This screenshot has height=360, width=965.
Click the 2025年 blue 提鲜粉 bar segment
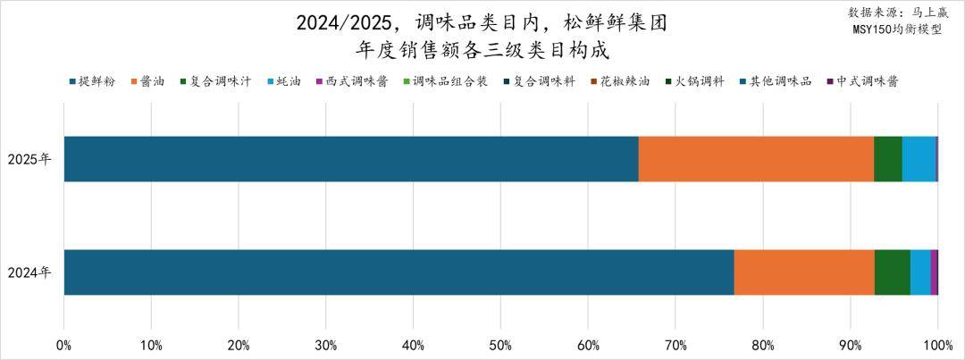tap(351, 159)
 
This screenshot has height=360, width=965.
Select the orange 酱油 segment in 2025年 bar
tap(756, 159)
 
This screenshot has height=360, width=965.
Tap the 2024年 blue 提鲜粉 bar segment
tap(399, 272)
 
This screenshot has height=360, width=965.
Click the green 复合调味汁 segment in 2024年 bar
tap(892, 272)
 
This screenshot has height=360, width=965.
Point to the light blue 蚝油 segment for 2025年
tap(919, 159)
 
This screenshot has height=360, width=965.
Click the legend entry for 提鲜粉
tap(92, 81)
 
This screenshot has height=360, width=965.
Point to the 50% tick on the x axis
tap(500, 345)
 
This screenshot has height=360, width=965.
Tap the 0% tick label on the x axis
tap(64, 345)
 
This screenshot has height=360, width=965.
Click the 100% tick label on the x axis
tap(936, 345)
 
